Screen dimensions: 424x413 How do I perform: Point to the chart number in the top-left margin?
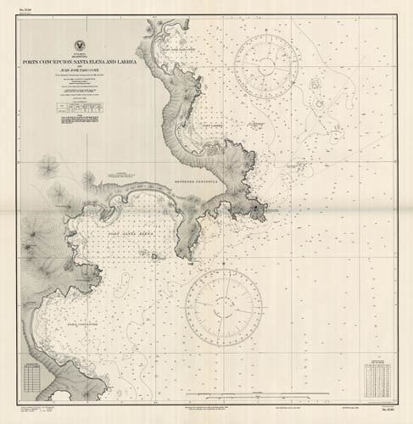tap(30, 13)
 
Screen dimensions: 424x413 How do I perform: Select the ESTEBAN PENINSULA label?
tap(198, 181)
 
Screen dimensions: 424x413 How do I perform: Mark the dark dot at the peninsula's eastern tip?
tap(255, 207)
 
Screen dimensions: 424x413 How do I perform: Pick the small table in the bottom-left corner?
tap(33, 377)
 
